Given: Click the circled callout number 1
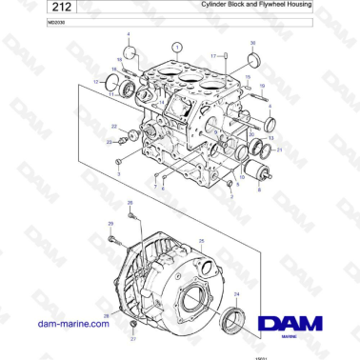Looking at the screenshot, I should (176, 45).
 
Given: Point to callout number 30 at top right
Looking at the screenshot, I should (252, 44).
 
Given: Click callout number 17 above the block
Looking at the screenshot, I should (212, 56).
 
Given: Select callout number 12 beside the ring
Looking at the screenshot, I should (96, 82).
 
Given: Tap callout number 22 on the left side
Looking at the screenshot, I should (114, 126).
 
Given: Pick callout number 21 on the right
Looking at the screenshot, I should (278, 150).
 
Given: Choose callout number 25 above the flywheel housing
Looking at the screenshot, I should (201, 241).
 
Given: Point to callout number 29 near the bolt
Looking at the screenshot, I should (110, 224).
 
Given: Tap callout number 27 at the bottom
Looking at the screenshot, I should (133, 339).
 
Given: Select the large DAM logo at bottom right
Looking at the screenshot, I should (294, 325).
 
